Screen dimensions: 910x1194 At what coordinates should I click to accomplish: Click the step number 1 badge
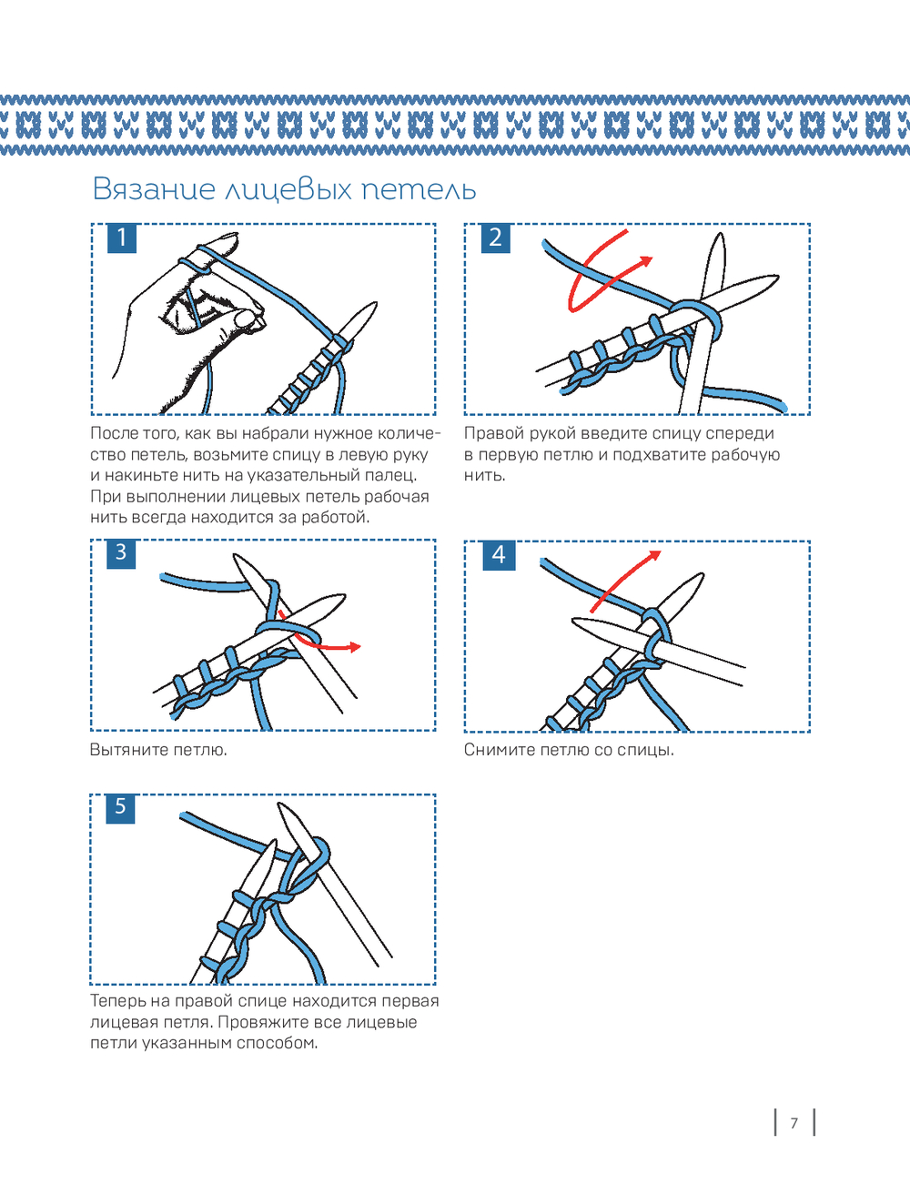click(122, 238)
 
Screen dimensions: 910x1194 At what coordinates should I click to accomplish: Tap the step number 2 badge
click(496, 238)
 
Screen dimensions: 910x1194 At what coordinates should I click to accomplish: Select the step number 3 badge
click(121, 553)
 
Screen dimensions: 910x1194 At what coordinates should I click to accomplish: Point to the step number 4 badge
click(499, 555)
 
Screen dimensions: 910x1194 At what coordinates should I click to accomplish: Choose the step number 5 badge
click(120, 808)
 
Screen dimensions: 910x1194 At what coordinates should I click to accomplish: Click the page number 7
click(794, 1123)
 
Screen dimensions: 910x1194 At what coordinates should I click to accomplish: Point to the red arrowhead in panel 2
click(646, 262)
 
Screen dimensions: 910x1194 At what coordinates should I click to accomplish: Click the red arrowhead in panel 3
click(355, 647)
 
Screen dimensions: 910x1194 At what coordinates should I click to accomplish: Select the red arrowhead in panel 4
click(655, 555)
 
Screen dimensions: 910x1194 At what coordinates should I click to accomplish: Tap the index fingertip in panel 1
click(233, 237)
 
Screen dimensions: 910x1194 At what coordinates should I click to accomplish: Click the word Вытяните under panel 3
click(128, 750)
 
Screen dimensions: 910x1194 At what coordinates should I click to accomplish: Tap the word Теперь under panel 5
click(120, 1001)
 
